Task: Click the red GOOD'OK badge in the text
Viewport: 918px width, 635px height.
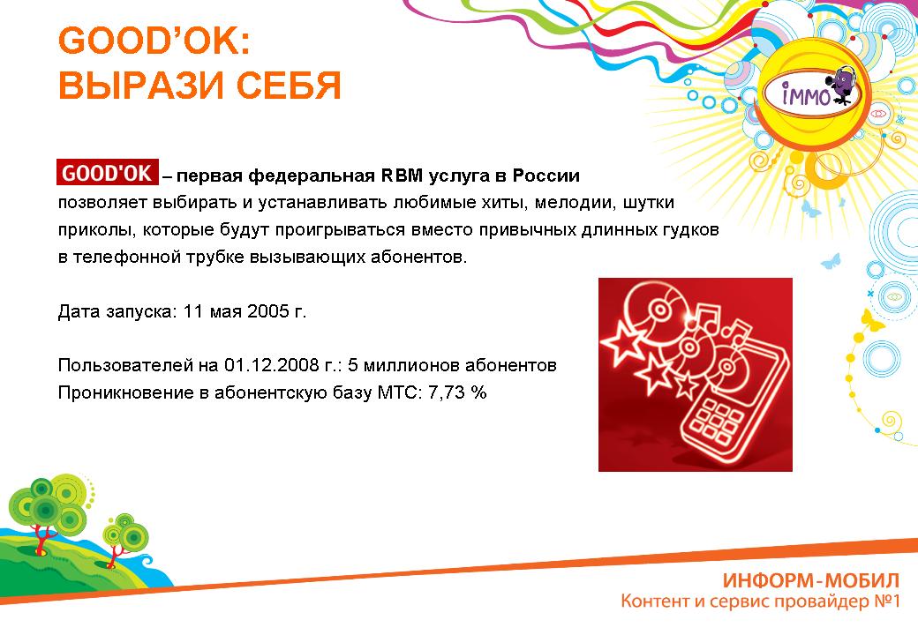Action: click(108, 173)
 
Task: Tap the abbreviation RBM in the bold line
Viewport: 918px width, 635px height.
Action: click(403, 176)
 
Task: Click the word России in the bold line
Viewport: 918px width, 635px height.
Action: click(546, 176)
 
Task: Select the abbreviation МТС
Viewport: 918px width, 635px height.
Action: click(399, 392)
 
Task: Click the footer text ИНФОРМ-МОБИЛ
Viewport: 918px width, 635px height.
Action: click(811, 580)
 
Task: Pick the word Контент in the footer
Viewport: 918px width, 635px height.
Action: click(655, 601)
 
